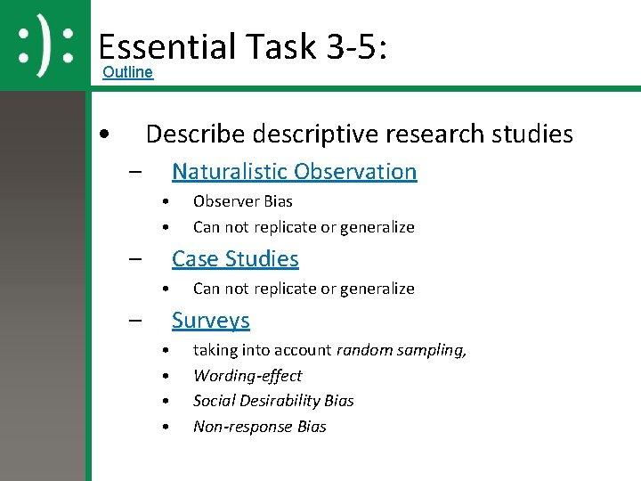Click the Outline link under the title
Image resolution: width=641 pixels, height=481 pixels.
pyautogui.click(x=127, y=72)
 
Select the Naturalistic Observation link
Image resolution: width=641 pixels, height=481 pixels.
pyautogui.click(x=294, y=171)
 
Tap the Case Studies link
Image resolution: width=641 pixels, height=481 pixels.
pyautogui.click(x=235, y=258)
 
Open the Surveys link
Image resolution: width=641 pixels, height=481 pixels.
pyautogui.click(x=210, y=320)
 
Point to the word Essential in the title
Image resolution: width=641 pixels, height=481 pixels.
pyautogui.click(x=166, y=46)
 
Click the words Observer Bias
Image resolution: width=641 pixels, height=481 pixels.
pyautogui.click(x=242, y=201)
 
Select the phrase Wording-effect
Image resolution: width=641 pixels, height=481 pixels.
pyautogui.click(x=247, y=376)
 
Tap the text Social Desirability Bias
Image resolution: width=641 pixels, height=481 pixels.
pyautogui.click(x=273, y=401)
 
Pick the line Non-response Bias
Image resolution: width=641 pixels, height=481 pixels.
pyautogui.click(x=260, y=427)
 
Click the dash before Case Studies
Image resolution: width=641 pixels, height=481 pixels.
pyautogui.click(x=135, y=260)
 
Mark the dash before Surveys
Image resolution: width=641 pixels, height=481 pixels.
pyautogui.click(x=135, y=322)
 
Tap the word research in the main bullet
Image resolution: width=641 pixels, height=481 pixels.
pyautogui.click(x=430, y=135)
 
